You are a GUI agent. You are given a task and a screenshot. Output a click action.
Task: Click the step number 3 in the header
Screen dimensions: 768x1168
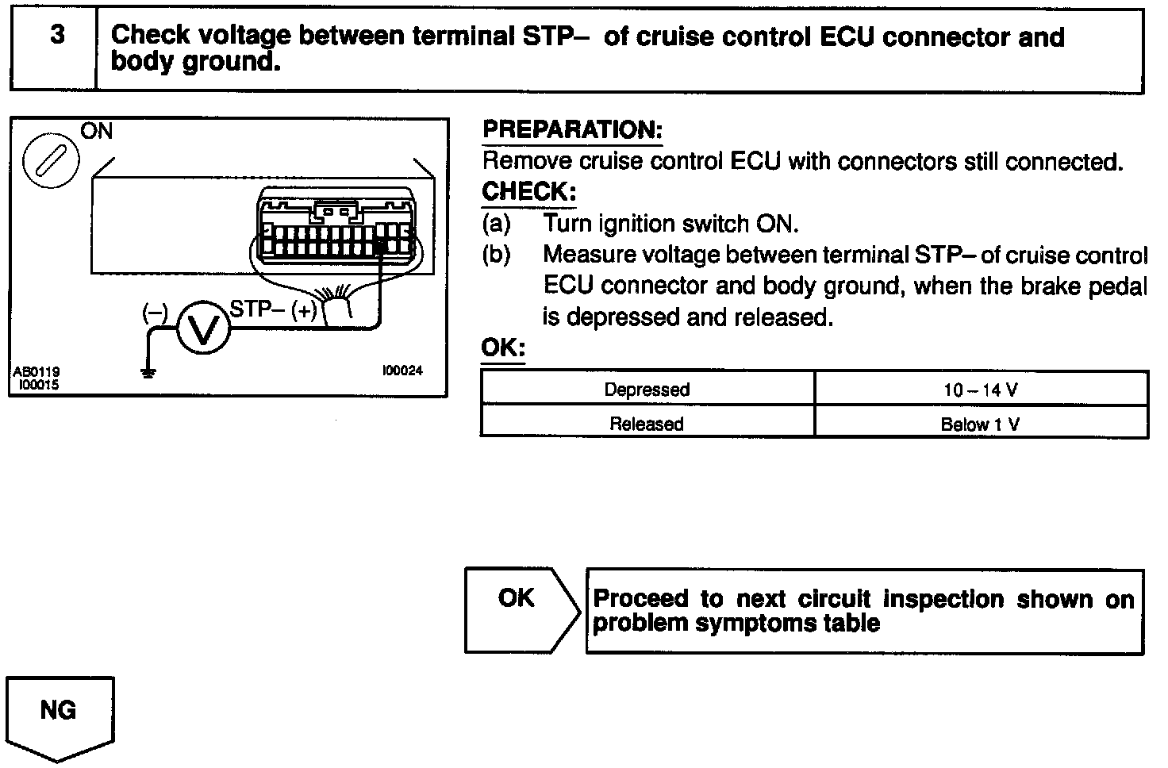57,36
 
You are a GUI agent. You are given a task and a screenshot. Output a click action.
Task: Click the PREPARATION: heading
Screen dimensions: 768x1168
572,130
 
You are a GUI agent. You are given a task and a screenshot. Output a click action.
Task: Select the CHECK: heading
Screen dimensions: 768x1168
528,192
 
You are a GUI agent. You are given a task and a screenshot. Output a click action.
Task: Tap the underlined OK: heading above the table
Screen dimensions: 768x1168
503,348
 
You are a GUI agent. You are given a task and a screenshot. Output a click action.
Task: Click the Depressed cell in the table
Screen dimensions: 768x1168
647,390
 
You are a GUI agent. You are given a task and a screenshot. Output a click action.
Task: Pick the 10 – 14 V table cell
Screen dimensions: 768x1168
981,390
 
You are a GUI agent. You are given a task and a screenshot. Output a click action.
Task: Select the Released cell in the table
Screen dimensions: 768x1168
647,424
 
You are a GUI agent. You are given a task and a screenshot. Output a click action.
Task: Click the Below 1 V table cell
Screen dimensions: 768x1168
981,424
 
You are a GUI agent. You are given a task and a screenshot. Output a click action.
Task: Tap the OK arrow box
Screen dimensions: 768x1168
520,610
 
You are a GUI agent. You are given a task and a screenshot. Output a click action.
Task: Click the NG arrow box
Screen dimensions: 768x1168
60,713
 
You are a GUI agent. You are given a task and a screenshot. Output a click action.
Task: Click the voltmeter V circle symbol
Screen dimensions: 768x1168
202,328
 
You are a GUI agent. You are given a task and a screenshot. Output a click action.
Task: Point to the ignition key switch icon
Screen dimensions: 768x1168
50,162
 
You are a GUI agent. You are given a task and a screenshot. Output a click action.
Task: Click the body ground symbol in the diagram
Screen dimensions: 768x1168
148,371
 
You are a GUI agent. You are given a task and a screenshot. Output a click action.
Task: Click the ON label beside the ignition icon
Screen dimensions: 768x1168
98,131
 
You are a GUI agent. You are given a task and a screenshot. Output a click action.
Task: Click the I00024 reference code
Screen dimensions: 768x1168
402,370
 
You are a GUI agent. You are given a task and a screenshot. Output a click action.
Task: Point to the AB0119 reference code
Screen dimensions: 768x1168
36,371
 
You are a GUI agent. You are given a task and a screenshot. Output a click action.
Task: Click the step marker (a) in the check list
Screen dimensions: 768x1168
497,224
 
